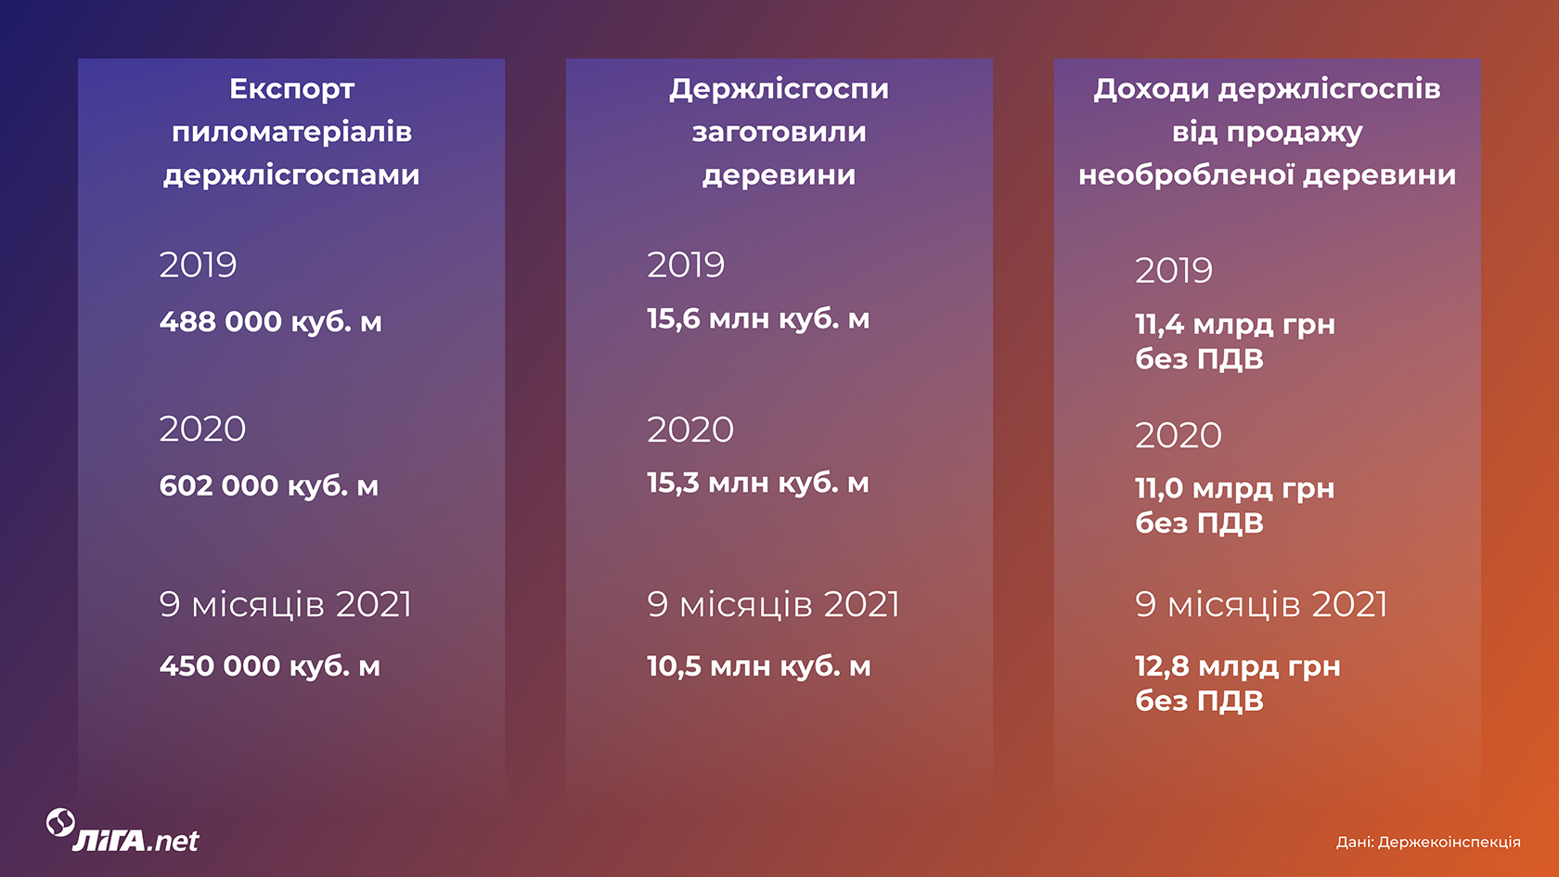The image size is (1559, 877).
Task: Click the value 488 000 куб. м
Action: point(271,321)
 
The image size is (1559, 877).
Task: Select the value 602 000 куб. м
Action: point(269,486)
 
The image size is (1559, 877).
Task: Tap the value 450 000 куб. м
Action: point(270,666)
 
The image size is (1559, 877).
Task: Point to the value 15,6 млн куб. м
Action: point(759,319)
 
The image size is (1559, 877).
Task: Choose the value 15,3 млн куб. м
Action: point(758,483)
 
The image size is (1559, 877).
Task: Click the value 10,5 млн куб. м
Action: point(759,666)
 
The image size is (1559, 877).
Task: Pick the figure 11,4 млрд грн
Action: point(1235,325)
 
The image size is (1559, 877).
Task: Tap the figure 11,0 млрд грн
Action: point(1234,488)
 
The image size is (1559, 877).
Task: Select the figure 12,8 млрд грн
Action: point(1238,666)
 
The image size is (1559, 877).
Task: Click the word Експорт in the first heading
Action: point(291,90)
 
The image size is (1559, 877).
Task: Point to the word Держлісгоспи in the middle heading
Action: point(779,90)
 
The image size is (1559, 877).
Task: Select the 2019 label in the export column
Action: point(199,265)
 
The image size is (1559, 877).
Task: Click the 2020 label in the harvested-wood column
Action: point(690,430)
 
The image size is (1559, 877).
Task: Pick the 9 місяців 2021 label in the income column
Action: point(1261,604)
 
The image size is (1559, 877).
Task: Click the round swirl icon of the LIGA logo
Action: point(60,822)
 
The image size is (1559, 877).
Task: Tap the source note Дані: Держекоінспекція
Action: point(1428,843)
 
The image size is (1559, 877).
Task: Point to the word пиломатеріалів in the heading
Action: point(291,133)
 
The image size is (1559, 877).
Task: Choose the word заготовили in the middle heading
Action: point(779,132)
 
